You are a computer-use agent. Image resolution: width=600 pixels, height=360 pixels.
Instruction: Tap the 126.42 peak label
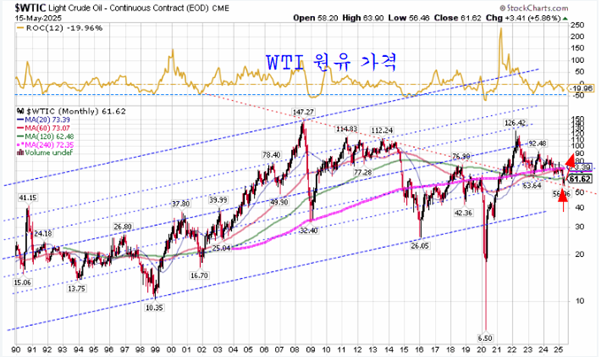[x=514, y=123]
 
